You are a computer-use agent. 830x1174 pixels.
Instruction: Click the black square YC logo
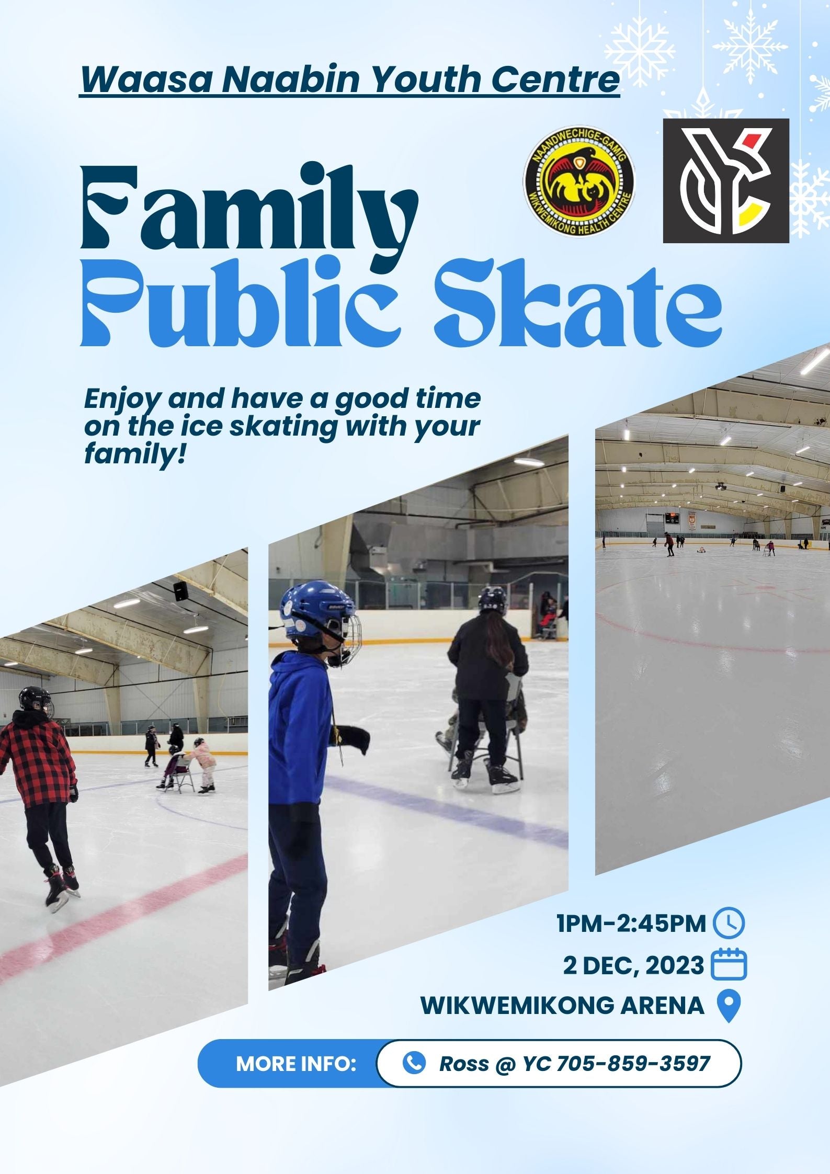tap(726, 180)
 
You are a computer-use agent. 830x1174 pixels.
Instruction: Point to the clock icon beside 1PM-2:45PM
tap(729, 923)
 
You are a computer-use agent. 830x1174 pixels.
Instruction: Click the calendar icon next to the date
tap(730, 963)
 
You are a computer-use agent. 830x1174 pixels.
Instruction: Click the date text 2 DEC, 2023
tap(634, 965)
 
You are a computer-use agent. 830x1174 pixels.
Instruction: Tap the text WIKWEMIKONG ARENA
tap(563, 1005)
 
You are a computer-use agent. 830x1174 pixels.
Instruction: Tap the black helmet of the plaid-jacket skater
tap(35, 701)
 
